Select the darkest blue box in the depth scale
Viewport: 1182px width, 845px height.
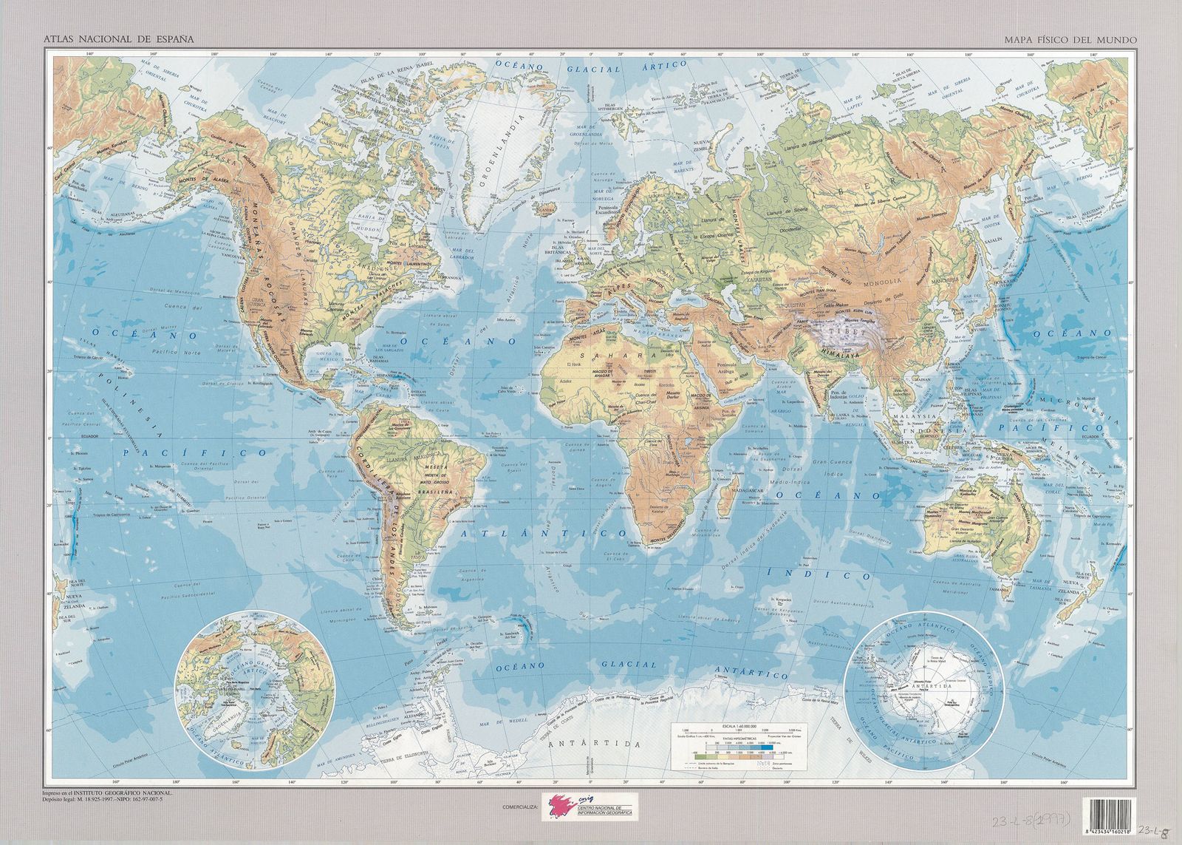[x=768, y=747]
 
